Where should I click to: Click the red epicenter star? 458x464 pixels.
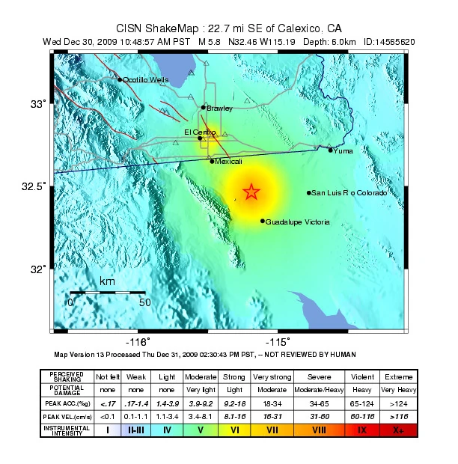tap(251, 192)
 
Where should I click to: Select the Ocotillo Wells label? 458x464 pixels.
tap(145, 80)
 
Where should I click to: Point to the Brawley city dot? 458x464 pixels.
tap(203, 107)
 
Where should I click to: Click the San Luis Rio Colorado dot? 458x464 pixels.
tap(308, 193)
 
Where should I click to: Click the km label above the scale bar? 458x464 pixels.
tap(107, 281)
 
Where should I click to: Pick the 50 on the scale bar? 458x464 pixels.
tap(145, 302)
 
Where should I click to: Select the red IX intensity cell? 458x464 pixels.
tap(362, 430)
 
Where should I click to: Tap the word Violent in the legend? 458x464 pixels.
tap(362, 376)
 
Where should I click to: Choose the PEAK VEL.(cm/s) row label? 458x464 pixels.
tap(67, 417)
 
